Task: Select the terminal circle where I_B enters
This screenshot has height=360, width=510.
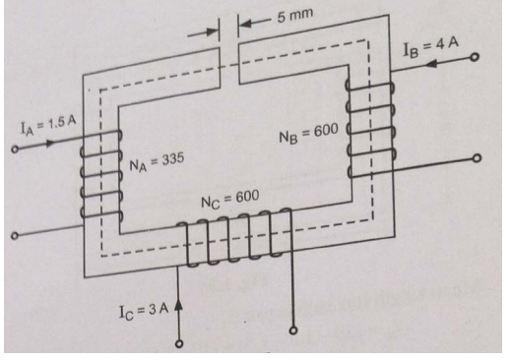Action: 476,59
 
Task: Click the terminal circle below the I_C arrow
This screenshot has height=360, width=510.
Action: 180,344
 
